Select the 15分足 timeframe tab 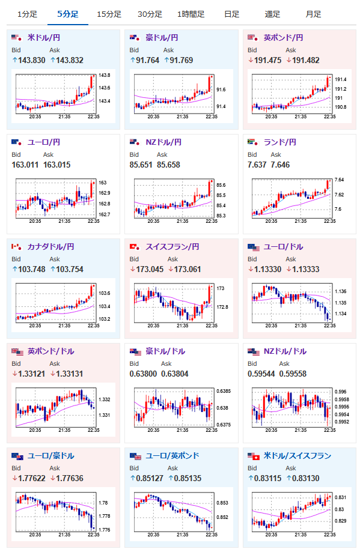coord(109,14)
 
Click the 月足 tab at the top coord(313,14)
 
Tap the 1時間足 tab coord(191,14)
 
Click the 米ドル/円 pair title coord(44,37)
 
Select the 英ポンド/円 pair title coord(283,37)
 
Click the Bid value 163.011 coord(25,165)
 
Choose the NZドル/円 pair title coord(163,142)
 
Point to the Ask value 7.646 coord(280,165)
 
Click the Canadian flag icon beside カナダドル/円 coord(16,247)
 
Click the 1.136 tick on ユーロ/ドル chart coord(340,291)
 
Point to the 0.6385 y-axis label coord(224,391)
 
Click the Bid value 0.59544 coord(261,374)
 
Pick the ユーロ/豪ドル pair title coord(50,455)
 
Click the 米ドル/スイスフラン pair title coord(297,455)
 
